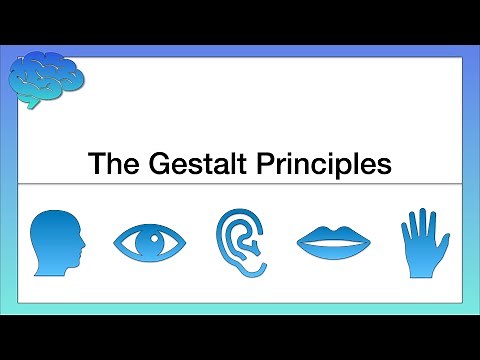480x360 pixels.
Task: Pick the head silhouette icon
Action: [56, 243]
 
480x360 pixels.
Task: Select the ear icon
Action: [240, 243]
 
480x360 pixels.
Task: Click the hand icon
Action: [423, 243]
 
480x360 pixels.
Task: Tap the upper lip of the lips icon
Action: [333, 236]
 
